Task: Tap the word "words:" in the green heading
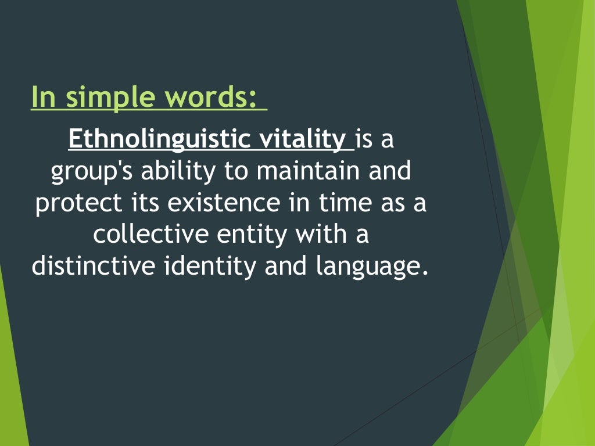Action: [x=210, y=96]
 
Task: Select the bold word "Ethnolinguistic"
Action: [x=150, y=140]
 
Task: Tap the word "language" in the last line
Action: [x=365, y=267]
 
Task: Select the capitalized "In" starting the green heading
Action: [x=42, y=96]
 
